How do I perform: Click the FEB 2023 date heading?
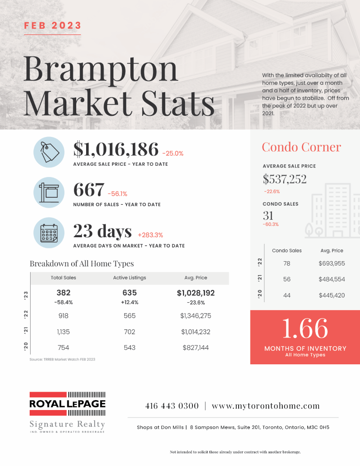pyautogui.click(x=53, y=25)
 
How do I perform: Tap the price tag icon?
pyautogui.click(x=49, y=152)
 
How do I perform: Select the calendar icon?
pyautogui.click(x=49, y=233)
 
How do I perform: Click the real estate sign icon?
pyautogui.click(x=49, y=193)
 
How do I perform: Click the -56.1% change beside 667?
pyautogui.click(x=117, y=194)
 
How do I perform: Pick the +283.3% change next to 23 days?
pyautogui.click(x=150, y=235)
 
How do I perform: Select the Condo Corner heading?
pyautogui.click(x=301, y=147)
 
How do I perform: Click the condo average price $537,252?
pyautogui.click(x=285, y=179)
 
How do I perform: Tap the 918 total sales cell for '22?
pyautogui.click(x=63, y=316)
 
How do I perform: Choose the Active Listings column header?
pyautogui.click(x=129, y=278)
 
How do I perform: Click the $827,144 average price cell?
pyautogui.click(x=196, y=347)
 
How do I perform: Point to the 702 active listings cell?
pyautogui.click(x=129, y=332)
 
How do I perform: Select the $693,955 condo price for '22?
pyautogui.click(x=332, y=263)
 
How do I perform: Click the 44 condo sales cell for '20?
pyautogui.click(x=287, y=296)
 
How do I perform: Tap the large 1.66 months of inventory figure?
pyautogui.click(x=305, y=328)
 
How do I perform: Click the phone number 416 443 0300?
pyautogui.click(x=172, y=406)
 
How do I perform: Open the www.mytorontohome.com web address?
pyautogui.click(x=266, y=406)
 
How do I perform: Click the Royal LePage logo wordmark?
pyautogui.click(x=67, y=403)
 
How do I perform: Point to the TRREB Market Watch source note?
pyautogui.click(x=63, y=359)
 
